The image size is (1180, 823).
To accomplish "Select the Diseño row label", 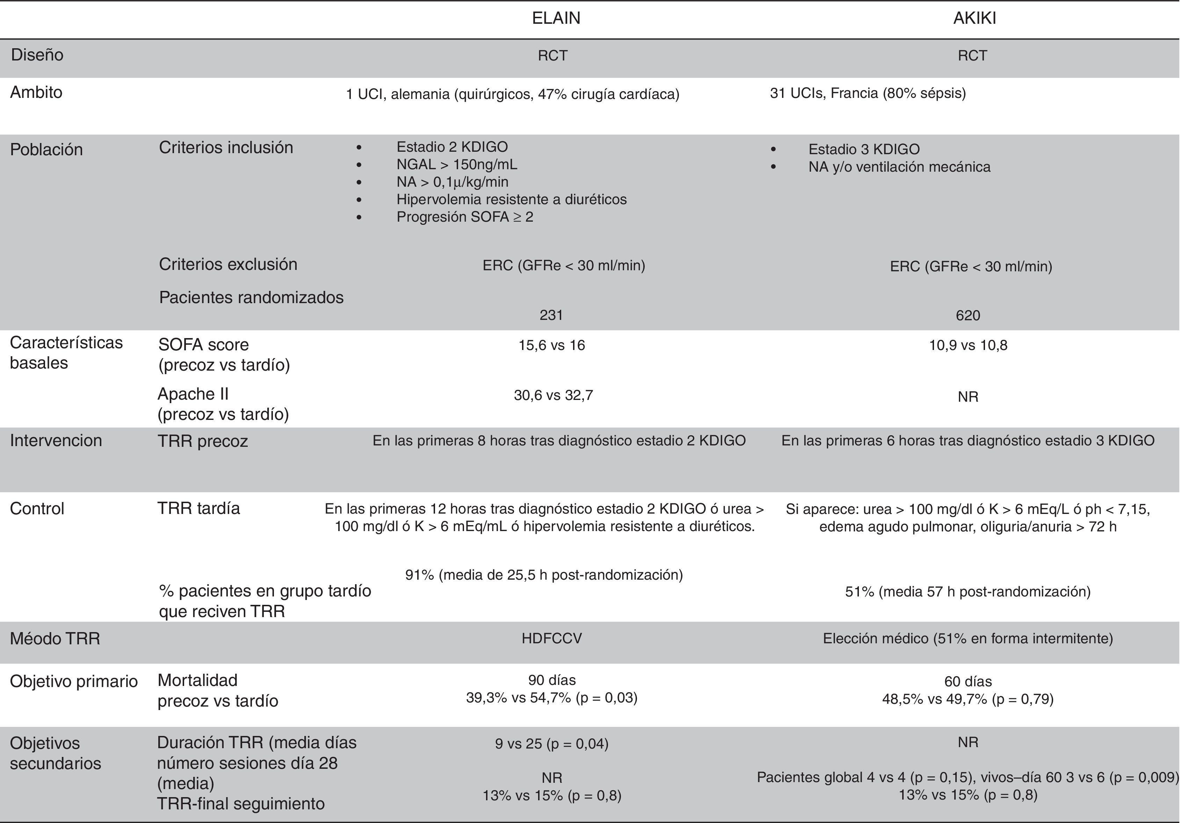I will coord(37,55).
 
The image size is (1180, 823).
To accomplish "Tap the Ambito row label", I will coord(36,93).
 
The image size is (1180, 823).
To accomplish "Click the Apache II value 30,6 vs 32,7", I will coord(553,395).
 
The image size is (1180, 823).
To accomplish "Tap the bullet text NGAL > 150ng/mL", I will coord(456,165).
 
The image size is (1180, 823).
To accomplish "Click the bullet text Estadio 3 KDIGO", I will coord(863,149).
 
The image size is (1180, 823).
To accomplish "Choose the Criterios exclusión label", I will coord(228,264).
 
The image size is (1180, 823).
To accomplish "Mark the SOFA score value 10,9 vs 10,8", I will coord(968,345).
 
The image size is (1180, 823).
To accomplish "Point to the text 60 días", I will coord(968,681).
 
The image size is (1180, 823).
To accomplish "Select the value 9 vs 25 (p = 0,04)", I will coord(551,744).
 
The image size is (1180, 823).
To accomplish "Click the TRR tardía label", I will coord(198,509).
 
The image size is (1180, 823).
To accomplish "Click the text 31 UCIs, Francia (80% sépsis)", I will coord(868,93).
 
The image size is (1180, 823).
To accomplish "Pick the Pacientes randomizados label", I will coord(251,297).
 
